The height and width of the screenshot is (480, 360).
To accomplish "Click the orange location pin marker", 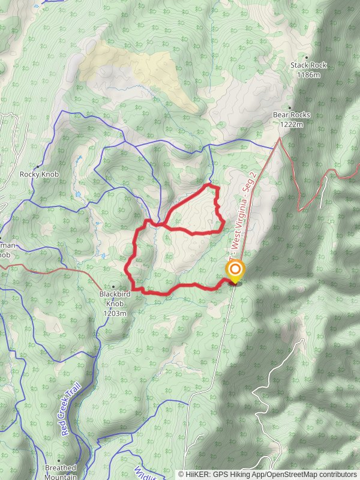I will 235,271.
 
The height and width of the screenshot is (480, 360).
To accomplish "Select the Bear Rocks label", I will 289,115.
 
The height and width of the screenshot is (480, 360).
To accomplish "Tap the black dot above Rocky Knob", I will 38,166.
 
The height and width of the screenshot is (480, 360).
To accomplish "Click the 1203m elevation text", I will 115,313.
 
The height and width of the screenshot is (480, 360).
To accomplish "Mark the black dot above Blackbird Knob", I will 113,287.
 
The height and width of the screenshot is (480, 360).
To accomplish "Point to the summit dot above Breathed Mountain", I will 59,460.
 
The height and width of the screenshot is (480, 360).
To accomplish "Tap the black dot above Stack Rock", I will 307,58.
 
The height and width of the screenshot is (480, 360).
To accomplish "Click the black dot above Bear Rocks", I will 289,108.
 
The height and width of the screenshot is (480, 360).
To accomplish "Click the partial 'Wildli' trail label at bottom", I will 145,472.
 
